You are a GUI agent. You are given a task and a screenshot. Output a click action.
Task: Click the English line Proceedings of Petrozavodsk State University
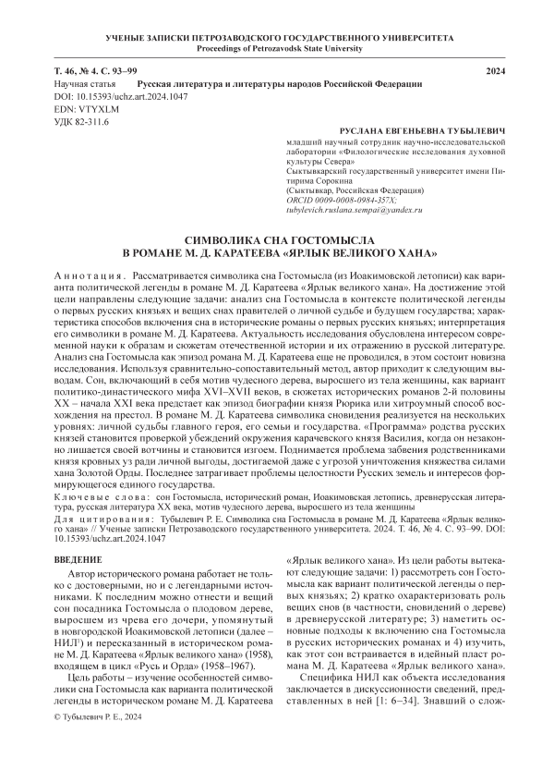click(x=276, y=48)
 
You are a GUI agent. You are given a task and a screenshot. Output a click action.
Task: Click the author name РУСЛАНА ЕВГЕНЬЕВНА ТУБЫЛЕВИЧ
click(x=424, y=134)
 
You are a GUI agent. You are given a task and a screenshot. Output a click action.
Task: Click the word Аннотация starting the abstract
click(x=83, y=276)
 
